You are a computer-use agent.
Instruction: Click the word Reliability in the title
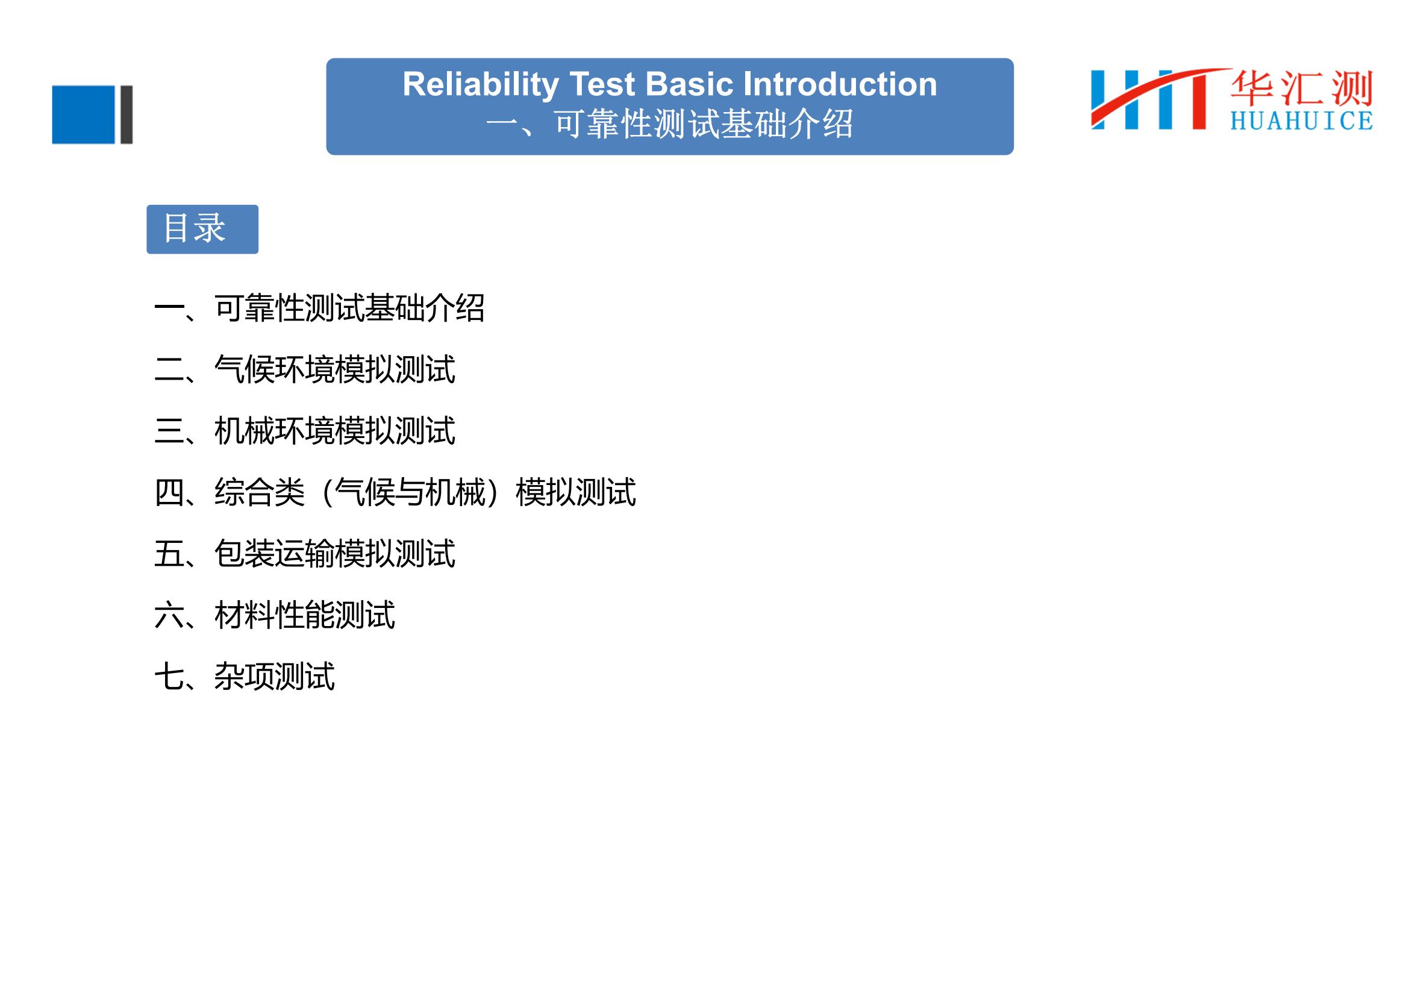[x=481, y=85]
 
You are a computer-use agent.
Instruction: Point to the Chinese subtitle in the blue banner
[x=669, y=125]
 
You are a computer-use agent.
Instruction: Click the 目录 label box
[x=202, y=229]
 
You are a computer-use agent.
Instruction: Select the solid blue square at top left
[x=84, y=114]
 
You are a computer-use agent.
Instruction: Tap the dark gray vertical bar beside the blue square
[x=127, y=114]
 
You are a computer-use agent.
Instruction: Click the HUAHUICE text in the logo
[x=1302, y=121]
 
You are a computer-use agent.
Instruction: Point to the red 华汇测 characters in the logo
[x=1302, y=88]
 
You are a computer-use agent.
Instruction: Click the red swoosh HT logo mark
[x=1157, y=99]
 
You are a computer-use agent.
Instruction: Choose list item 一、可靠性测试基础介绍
[x=320, y=308]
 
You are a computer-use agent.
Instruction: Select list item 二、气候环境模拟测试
[x=305, y=369]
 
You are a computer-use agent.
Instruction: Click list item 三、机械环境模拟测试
[x=305, y=431]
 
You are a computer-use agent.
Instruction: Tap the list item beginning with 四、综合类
[x=395, y=492]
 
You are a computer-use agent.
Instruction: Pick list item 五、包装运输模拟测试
[x=305, y=554]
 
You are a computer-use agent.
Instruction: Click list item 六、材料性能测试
[x=275, y=615]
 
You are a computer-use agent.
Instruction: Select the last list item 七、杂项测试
[x=245, y=676]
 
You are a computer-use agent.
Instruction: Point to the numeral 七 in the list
[x=169, y=676]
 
